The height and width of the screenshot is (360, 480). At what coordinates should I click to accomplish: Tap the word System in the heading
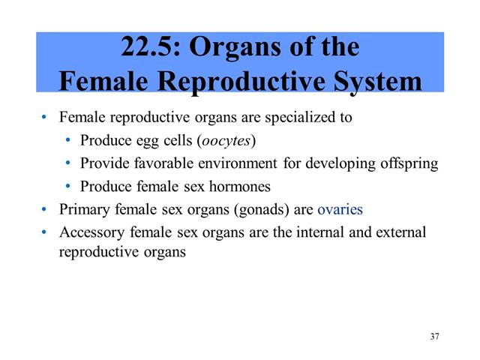click(376, 81)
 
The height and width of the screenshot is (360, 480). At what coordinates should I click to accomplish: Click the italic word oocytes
click(226, 140)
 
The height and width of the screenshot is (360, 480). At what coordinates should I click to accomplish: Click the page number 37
click(435, 335)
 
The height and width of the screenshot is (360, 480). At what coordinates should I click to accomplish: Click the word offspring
click(410, 163)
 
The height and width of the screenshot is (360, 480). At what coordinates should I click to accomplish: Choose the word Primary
click(82, 209)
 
